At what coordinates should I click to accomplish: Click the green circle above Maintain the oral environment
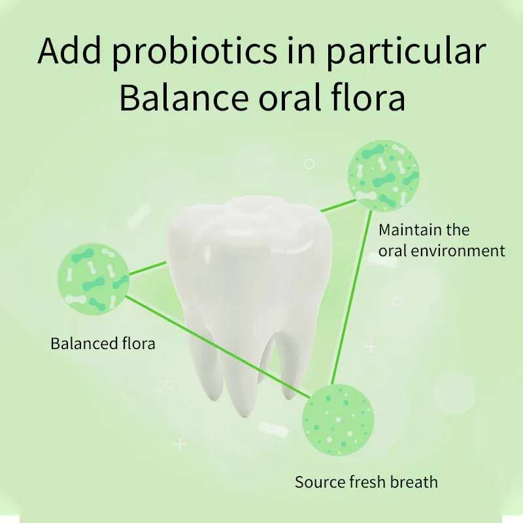click(383, 177)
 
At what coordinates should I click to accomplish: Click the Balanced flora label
click(103, 343)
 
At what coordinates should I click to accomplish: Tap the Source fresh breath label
click(366, 482)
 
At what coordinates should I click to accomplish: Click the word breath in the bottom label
click(414, 482)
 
